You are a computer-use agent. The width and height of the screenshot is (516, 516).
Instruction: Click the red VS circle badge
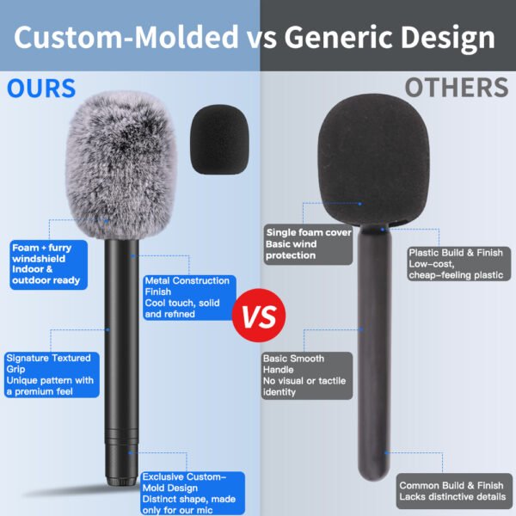pos(259,316)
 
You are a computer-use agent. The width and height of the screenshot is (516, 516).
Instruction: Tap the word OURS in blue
pos(41,89)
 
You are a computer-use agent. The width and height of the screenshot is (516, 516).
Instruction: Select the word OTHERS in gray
pos(457,88)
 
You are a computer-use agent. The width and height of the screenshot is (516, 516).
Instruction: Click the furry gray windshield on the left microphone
pos(120,164)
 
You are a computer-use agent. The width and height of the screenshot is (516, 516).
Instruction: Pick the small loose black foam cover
pos(219,139)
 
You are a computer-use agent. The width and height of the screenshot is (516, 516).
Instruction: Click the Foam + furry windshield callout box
pos(49,265)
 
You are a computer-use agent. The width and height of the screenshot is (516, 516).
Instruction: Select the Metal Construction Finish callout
pos(189,298)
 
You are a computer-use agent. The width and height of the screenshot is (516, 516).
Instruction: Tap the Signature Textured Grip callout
pos(52,374)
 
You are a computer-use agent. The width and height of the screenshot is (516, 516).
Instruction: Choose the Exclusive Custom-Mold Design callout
pos(193,493)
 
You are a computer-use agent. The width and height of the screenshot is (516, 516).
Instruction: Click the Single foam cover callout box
pos(308,244)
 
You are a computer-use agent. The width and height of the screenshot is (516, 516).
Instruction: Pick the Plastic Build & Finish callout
pos(458,264)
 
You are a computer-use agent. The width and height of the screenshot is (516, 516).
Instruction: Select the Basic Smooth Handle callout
pos(307,376)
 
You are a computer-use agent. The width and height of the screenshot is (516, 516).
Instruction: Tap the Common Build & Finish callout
pos(454,491)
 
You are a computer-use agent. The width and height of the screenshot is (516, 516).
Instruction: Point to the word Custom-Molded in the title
pos(126,36)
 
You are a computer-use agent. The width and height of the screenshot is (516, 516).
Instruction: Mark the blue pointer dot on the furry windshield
pos(107,221)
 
